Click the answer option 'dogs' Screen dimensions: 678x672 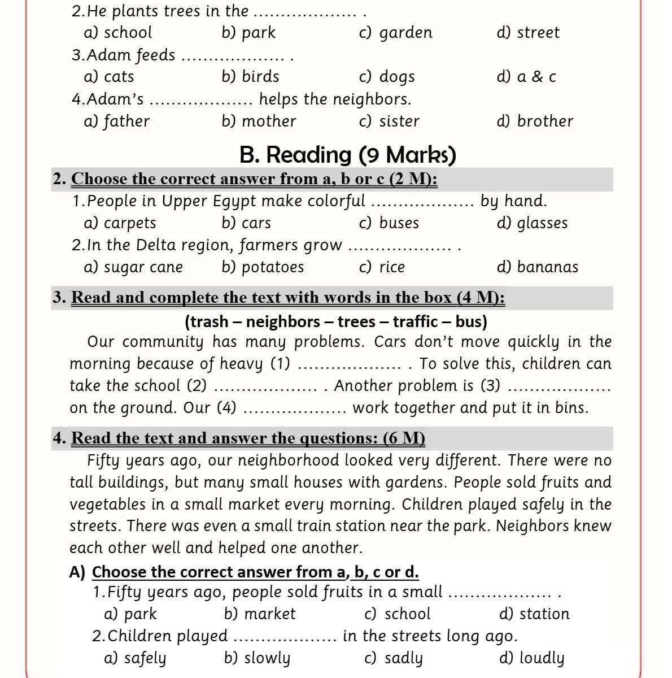coord(396,77)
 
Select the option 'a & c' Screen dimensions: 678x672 coord(536,77)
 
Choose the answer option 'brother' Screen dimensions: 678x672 coord(545,121)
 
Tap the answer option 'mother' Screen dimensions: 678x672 coord(268,121)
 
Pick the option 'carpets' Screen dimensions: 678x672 coord(130,223)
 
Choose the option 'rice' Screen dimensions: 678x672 coord(392,267)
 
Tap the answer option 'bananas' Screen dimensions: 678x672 coord(547,267)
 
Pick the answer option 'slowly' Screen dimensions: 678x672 coord(265,658)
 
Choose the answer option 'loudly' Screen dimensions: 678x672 coord(541,658)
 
